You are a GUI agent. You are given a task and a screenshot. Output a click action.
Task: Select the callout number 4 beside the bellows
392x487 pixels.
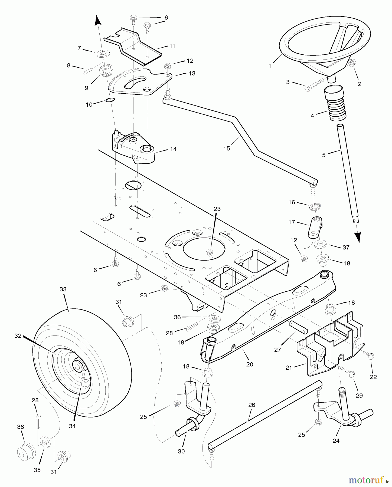(312, 116)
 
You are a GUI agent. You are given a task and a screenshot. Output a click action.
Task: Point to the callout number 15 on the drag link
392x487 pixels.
(227, 148)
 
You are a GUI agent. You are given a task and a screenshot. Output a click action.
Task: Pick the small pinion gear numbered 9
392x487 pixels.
(104, 72)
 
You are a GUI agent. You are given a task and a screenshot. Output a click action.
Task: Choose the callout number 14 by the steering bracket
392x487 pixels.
(173, 149)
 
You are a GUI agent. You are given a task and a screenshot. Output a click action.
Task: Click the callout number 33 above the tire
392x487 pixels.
(63, 289)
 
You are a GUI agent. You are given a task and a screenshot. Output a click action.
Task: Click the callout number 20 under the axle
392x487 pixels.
(250, 364)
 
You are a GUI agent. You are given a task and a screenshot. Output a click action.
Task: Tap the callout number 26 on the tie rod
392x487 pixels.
(251, 405)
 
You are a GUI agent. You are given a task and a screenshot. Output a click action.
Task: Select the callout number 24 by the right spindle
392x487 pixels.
(336, 441)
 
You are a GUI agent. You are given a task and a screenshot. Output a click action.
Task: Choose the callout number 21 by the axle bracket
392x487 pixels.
(289, 368)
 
